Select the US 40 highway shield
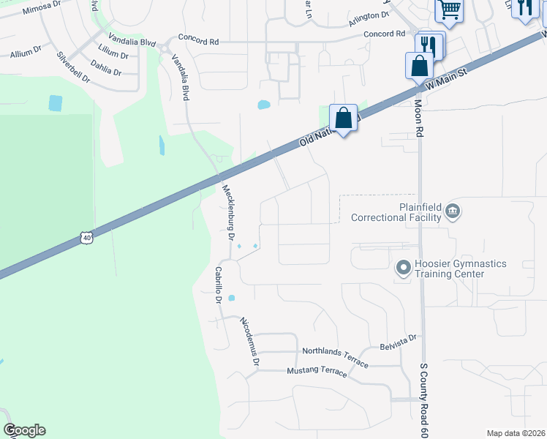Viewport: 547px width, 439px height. [86, 238]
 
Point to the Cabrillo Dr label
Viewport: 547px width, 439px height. [218, 285]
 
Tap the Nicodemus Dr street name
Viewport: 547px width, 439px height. [250, 341]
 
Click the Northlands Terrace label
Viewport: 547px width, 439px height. [336, 352]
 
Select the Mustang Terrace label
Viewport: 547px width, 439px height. [317, 371]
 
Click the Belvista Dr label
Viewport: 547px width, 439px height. [398, 339]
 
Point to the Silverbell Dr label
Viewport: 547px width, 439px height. [72, 67]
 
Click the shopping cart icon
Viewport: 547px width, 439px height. [449, 10]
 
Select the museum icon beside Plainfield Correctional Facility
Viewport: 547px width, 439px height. [453, 211]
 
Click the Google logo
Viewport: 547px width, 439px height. [24, 430]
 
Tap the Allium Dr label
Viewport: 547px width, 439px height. [26, 53]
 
